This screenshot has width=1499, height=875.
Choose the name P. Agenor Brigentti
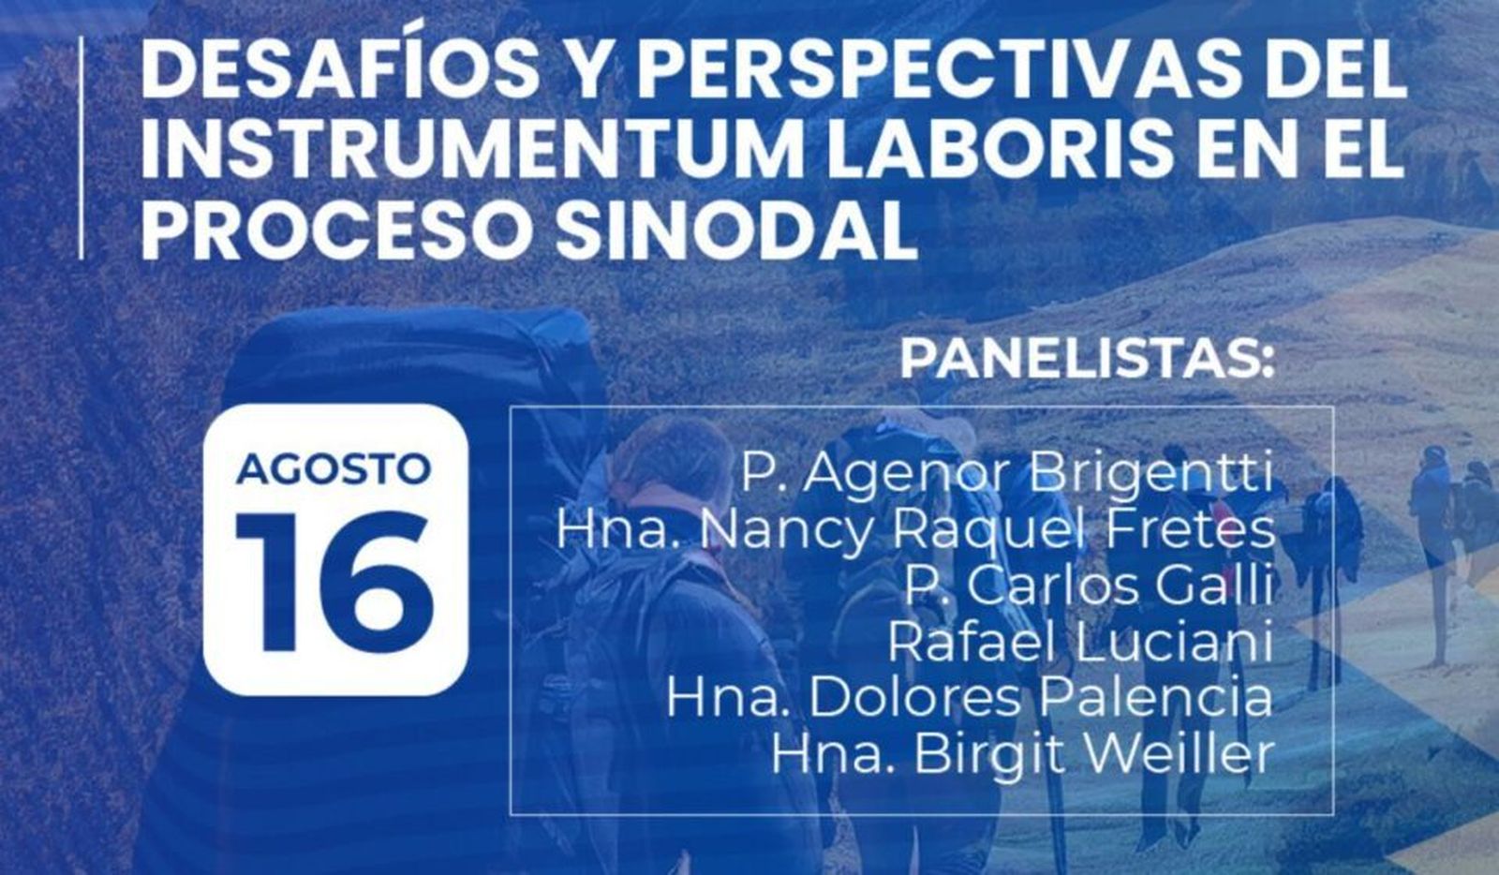coord(1007,474)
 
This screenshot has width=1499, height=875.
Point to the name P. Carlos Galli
coord(1087,586)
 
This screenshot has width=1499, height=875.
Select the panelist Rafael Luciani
coord(1079,643)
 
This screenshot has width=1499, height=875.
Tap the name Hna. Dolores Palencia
coord(970,699)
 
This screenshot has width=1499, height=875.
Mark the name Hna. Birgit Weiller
coord(1022,755)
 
